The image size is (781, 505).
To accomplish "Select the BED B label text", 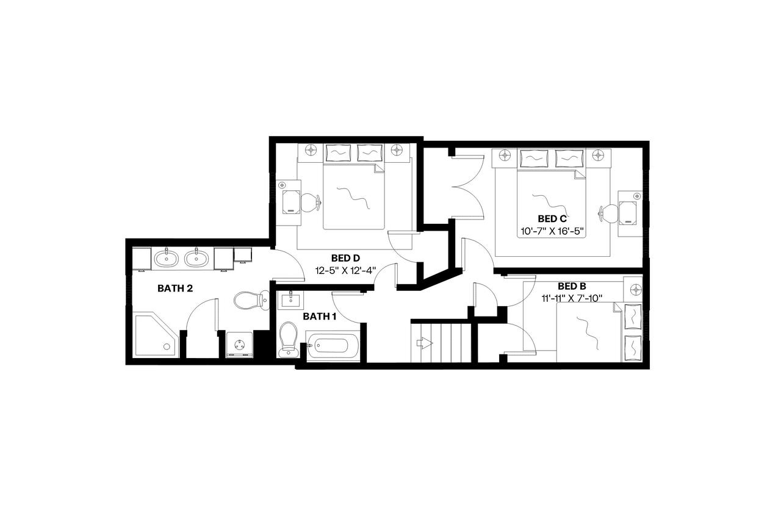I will [x=572, y=286].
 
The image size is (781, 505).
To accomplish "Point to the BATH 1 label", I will [x=320, y=316].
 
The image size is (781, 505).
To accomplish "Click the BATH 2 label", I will [x=175, y=288].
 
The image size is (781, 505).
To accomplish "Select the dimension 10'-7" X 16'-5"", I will [x=552, y=231].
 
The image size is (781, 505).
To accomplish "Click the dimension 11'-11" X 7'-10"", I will [x=572, y=298].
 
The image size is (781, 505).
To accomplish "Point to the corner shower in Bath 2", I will [x=154, y=336].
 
